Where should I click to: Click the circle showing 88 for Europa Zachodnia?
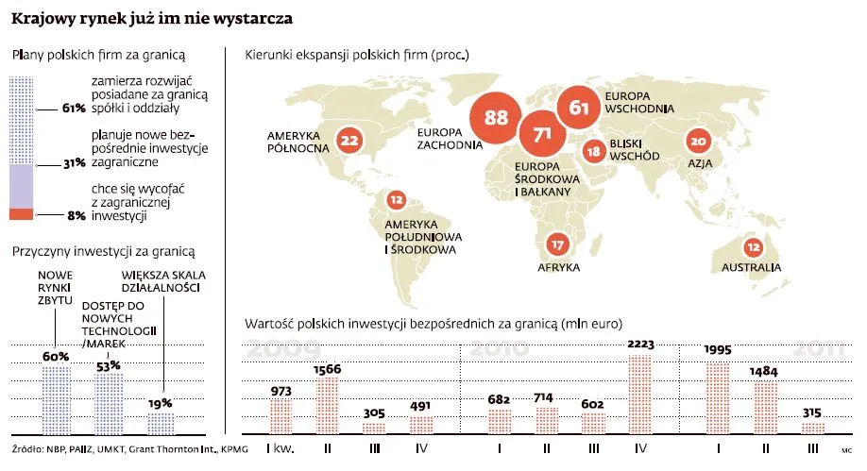495,117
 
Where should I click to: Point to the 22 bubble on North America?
348,142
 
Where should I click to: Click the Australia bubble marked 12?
753,247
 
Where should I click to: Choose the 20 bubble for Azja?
698,142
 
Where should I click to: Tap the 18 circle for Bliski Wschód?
593,151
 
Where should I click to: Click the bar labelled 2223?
639,394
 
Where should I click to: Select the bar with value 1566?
328,405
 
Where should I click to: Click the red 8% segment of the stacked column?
20,215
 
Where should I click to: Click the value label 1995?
719,350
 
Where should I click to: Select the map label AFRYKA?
558,268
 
